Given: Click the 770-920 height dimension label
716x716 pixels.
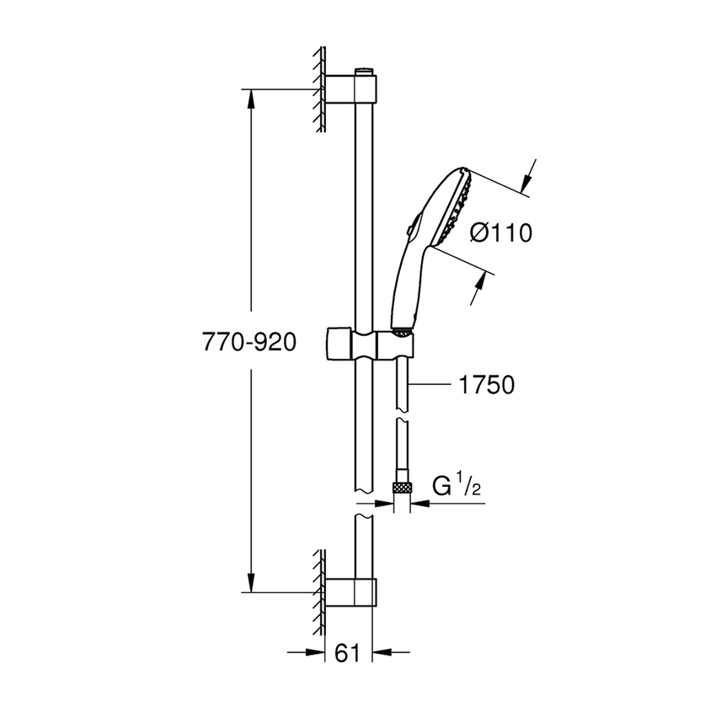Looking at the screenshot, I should click(x=249, y=343).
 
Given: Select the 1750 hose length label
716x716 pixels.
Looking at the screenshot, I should click(x=486, y=385).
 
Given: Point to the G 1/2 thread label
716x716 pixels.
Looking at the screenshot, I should click(x=455, y=488).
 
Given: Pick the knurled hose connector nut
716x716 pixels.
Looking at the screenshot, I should click(x=403, y=488).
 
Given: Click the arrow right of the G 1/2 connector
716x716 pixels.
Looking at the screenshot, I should click(x=419, y=504).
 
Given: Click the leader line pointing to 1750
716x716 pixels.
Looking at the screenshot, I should click(x=430, y=385).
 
